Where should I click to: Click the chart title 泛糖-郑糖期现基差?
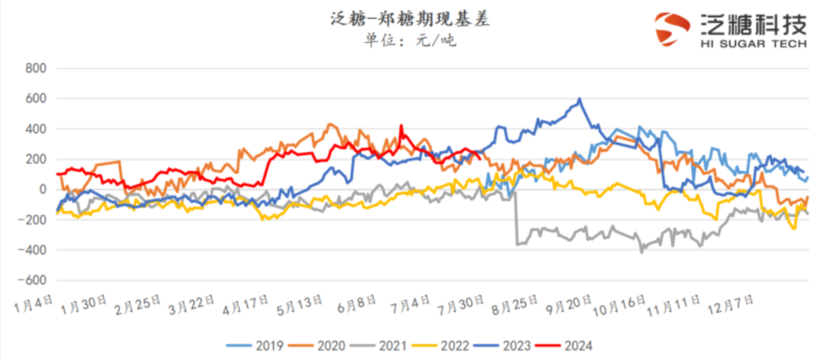coord(409,20)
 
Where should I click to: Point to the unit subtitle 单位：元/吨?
coord(409,41)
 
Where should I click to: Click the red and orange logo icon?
coord(673,29)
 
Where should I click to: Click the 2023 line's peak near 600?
coord(579,99)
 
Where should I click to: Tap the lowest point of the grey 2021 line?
coord(641,252)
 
